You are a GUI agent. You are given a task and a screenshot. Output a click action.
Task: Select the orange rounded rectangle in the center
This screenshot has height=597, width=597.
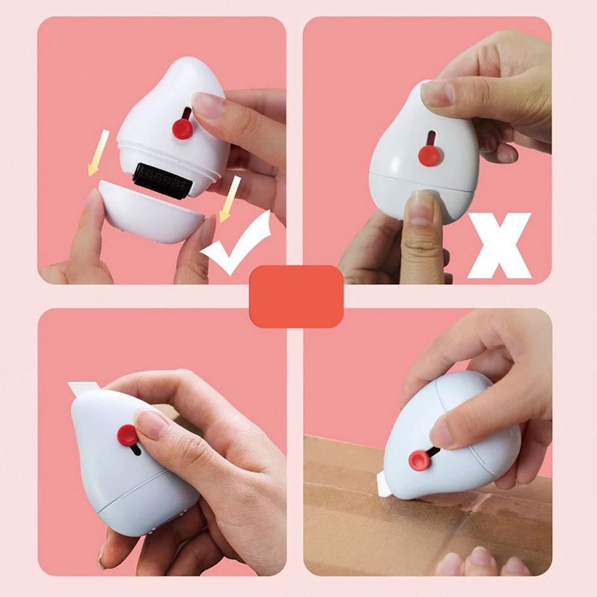pyautogui.click(x=296, y=296)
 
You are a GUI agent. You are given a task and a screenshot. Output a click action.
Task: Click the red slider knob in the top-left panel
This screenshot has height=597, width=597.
pyautogui.click(x=183, y=128)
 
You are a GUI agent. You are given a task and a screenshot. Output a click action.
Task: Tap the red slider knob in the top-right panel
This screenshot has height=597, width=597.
pyautogui.click(x=429, y=156)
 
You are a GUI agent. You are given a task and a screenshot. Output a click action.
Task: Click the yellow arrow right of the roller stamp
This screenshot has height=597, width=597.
pyautogui.click(x=229, y=198)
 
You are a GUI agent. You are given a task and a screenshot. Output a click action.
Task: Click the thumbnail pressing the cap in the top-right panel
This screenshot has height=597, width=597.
pyautogui.click(x=421, y=208)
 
